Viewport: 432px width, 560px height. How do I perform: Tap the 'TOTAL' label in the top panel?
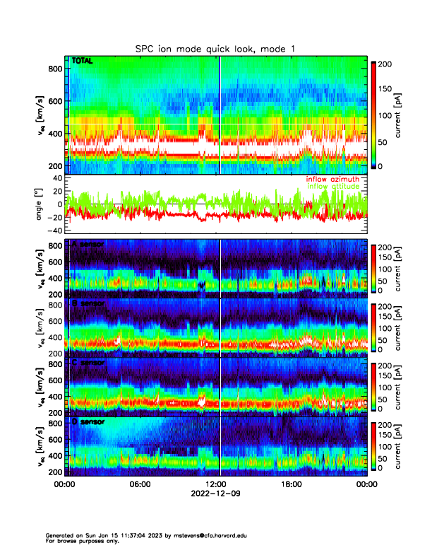pos(83,62)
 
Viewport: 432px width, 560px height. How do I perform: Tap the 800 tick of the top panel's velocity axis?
pos(56,69)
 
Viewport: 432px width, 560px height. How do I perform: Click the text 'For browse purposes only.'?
pos(81,541)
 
